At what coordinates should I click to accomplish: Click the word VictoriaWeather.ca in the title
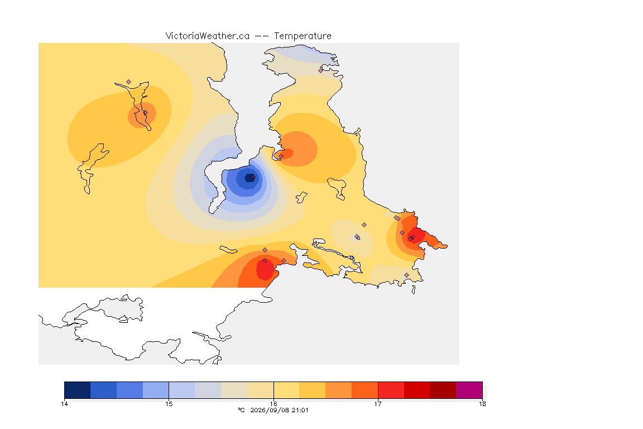(208, 36)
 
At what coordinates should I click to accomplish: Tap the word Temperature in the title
(303, 36)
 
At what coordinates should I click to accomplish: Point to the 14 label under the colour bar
(64, 404)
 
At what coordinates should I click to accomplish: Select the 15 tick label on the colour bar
(169, 404)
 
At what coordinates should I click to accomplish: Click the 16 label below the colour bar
(273, 404)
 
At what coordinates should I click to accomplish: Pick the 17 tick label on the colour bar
(378, 404)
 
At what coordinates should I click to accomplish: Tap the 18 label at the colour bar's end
(482, 404)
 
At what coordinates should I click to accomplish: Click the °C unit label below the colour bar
(241, 410)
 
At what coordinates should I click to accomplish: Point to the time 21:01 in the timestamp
(300, 410)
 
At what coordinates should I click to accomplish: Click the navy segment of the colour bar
(78, 390)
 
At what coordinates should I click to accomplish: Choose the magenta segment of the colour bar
(469, 390)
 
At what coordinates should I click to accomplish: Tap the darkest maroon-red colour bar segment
(443, 390)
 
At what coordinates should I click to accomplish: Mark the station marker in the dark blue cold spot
(253, 177)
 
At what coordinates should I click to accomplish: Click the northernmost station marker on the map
(321, 70)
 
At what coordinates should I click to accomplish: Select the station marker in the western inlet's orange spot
(145, 112)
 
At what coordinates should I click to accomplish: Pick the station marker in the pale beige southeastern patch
(357, 236)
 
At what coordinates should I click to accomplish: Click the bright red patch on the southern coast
(265, 269)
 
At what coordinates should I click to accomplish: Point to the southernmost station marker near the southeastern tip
(406, 275)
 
